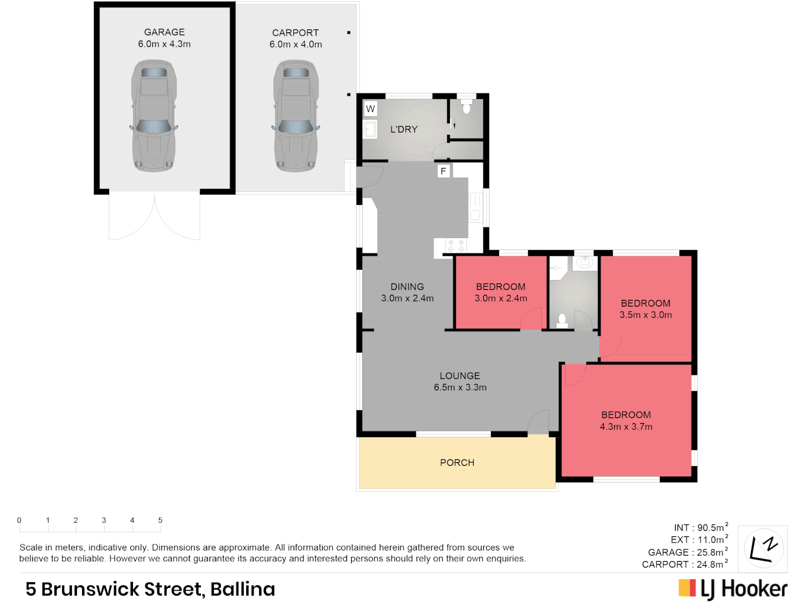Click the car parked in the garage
click(x=154, y=116)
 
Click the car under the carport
click(x=296, y=116)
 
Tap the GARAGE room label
click(x=164, y=32)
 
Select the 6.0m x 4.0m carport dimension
click(x=295, y=45)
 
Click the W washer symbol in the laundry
click(x=370, y=109)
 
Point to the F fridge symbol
click(x=443, y=171)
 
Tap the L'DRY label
click(x=404, y=130)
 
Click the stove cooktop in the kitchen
click(x=456, y=246)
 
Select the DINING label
click(x=407, y=287)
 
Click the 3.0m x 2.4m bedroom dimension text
click(x=500, y=299)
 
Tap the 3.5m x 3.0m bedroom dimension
click(x=645, y=315)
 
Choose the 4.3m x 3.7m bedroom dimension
click(x=626, y=427)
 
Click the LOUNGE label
click(x=460, y=376)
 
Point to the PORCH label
click(x=457, y=463)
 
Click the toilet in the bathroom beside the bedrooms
click(x=562, y=321)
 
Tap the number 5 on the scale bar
click(x=160, y=520)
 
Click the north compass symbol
click(x=762, y=548)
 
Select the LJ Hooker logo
click(x=733, y=589)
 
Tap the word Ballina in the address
click(x=242, y=590)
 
